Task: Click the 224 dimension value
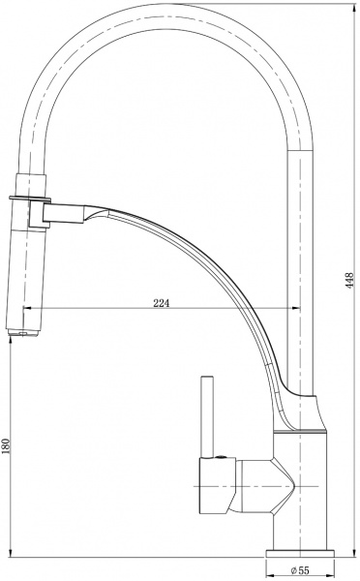click(x=163, y=303)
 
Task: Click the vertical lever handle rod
click(x=205, y=416)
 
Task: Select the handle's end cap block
click(x=212, y=487)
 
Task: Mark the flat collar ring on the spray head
click(x=26, y=199)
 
